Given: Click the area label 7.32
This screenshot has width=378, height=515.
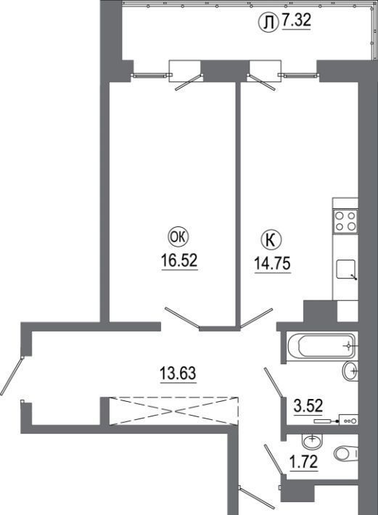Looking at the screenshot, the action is (296, 21).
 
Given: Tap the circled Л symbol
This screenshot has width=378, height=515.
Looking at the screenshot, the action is (268, 22).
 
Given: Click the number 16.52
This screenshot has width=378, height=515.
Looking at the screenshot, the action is (179, 260).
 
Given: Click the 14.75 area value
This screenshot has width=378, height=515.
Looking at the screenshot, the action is (273, 263).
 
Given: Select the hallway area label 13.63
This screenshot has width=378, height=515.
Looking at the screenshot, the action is (178, 374).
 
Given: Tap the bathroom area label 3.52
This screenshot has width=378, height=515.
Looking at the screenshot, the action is (308, 406).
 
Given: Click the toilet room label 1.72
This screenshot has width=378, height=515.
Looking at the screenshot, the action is (303, 463).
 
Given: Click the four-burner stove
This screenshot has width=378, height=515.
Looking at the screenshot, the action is (345, 221).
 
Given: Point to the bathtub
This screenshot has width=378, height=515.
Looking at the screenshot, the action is (321, 346).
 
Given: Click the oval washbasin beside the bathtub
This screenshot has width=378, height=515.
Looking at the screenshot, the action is (350, 371).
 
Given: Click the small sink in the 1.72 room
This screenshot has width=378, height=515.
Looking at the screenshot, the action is (312, 440).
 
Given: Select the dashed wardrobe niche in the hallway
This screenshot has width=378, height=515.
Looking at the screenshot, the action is (173, 411).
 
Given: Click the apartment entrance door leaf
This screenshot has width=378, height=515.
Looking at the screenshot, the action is (12, 376).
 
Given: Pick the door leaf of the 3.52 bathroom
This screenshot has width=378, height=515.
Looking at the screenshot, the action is (274, 383).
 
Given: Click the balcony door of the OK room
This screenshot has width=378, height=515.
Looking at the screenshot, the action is (189, 83).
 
